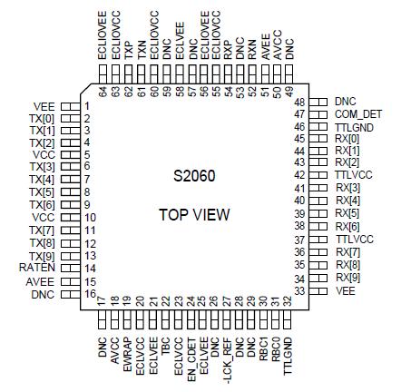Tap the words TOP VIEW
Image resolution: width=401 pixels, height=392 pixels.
pyautogui.click(x=194, y=215)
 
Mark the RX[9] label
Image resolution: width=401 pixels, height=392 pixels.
pyautogui.click(x=347, y=277)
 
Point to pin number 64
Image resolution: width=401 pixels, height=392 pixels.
pyautogui.click(x=103, y=92)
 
